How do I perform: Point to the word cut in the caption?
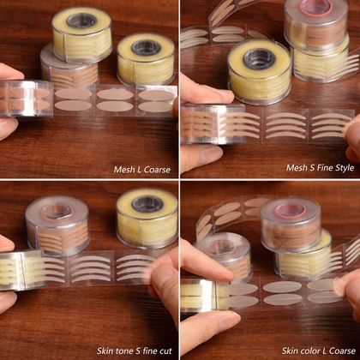(x=165, y=351)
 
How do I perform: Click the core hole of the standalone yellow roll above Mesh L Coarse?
(x=146, y=47)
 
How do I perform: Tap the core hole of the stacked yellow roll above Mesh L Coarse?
(x=81, y=21)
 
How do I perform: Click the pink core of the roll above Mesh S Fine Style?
(x=316, y=8)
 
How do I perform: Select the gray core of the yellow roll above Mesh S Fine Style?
(x=260, y=59)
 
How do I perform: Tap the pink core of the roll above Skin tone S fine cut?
(x=57, y=212)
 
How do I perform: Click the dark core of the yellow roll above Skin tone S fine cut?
(x=147, y=204)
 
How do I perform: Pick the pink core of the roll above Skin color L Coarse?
(x=291, y=210)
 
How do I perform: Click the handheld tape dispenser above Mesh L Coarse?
(x=27, y=99)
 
